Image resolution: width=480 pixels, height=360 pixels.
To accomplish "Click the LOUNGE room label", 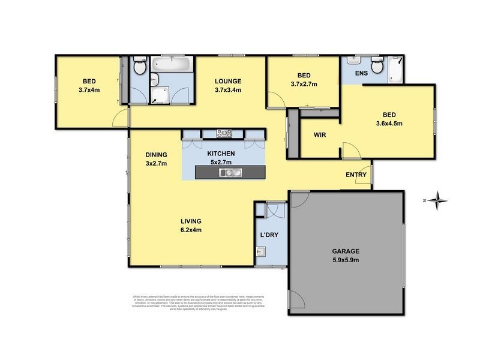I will [228, 82].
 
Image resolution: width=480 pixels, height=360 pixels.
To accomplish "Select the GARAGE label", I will [346, 251].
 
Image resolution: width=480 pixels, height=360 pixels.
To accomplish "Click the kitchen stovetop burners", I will [224, 134].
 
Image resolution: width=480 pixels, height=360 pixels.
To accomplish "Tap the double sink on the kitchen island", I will [230, 173].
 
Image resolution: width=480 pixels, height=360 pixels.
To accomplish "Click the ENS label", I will [361, 73].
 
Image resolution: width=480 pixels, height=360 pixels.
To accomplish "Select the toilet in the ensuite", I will [377, 67].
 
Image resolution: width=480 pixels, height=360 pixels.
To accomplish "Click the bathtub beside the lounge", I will [171, 64].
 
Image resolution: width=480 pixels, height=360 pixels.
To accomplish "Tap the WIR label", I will [320, 135].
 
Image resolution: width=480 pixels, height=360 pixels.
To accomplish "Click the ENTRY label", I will [356, 175].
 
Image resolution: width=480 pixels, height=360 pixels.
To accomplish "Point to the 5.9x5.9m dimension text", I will [346, 261].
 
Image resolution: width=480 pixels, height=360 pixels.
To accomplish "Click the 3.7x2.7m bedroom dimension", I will [304, 85].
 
